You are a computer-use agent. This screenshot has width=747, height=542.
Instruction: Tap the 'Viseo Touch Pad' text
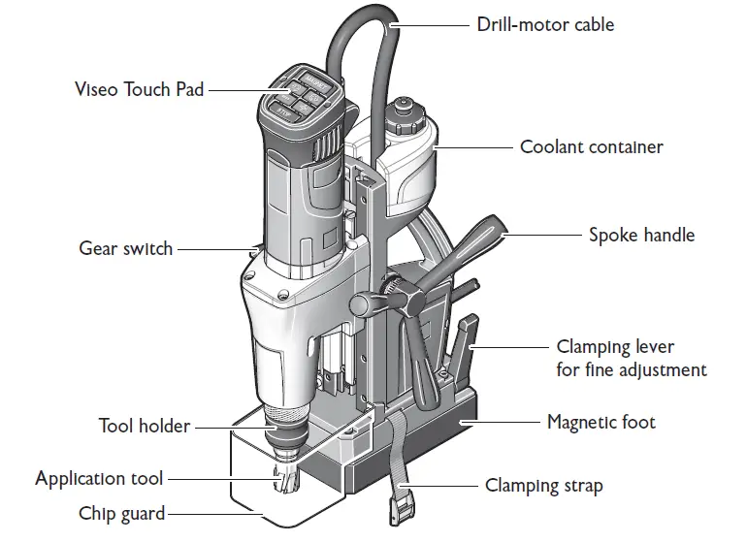(x=140, y=89)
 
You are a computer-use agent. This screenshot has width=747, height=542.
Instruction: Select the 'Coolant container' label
(x=591, y=147)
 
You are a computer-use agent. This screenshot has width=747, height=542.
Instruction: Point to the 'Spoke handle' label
(x=641, y=235)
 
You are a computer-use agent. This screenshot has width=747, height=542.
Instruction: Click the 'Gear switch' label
(x=125, y=248)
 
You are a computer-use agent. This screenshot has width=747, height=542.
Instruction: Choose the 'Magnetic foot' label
(x=601, y=422)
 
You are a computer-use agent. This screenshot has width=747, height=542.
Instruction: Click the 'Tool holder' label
(x=145, y=426)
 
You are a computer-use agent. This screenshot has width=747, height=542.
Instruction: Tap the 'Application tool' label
(x=99, y=478)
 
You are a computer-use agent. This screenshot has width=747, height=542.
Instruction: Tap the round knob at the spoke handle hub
(x=362, y=304)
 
